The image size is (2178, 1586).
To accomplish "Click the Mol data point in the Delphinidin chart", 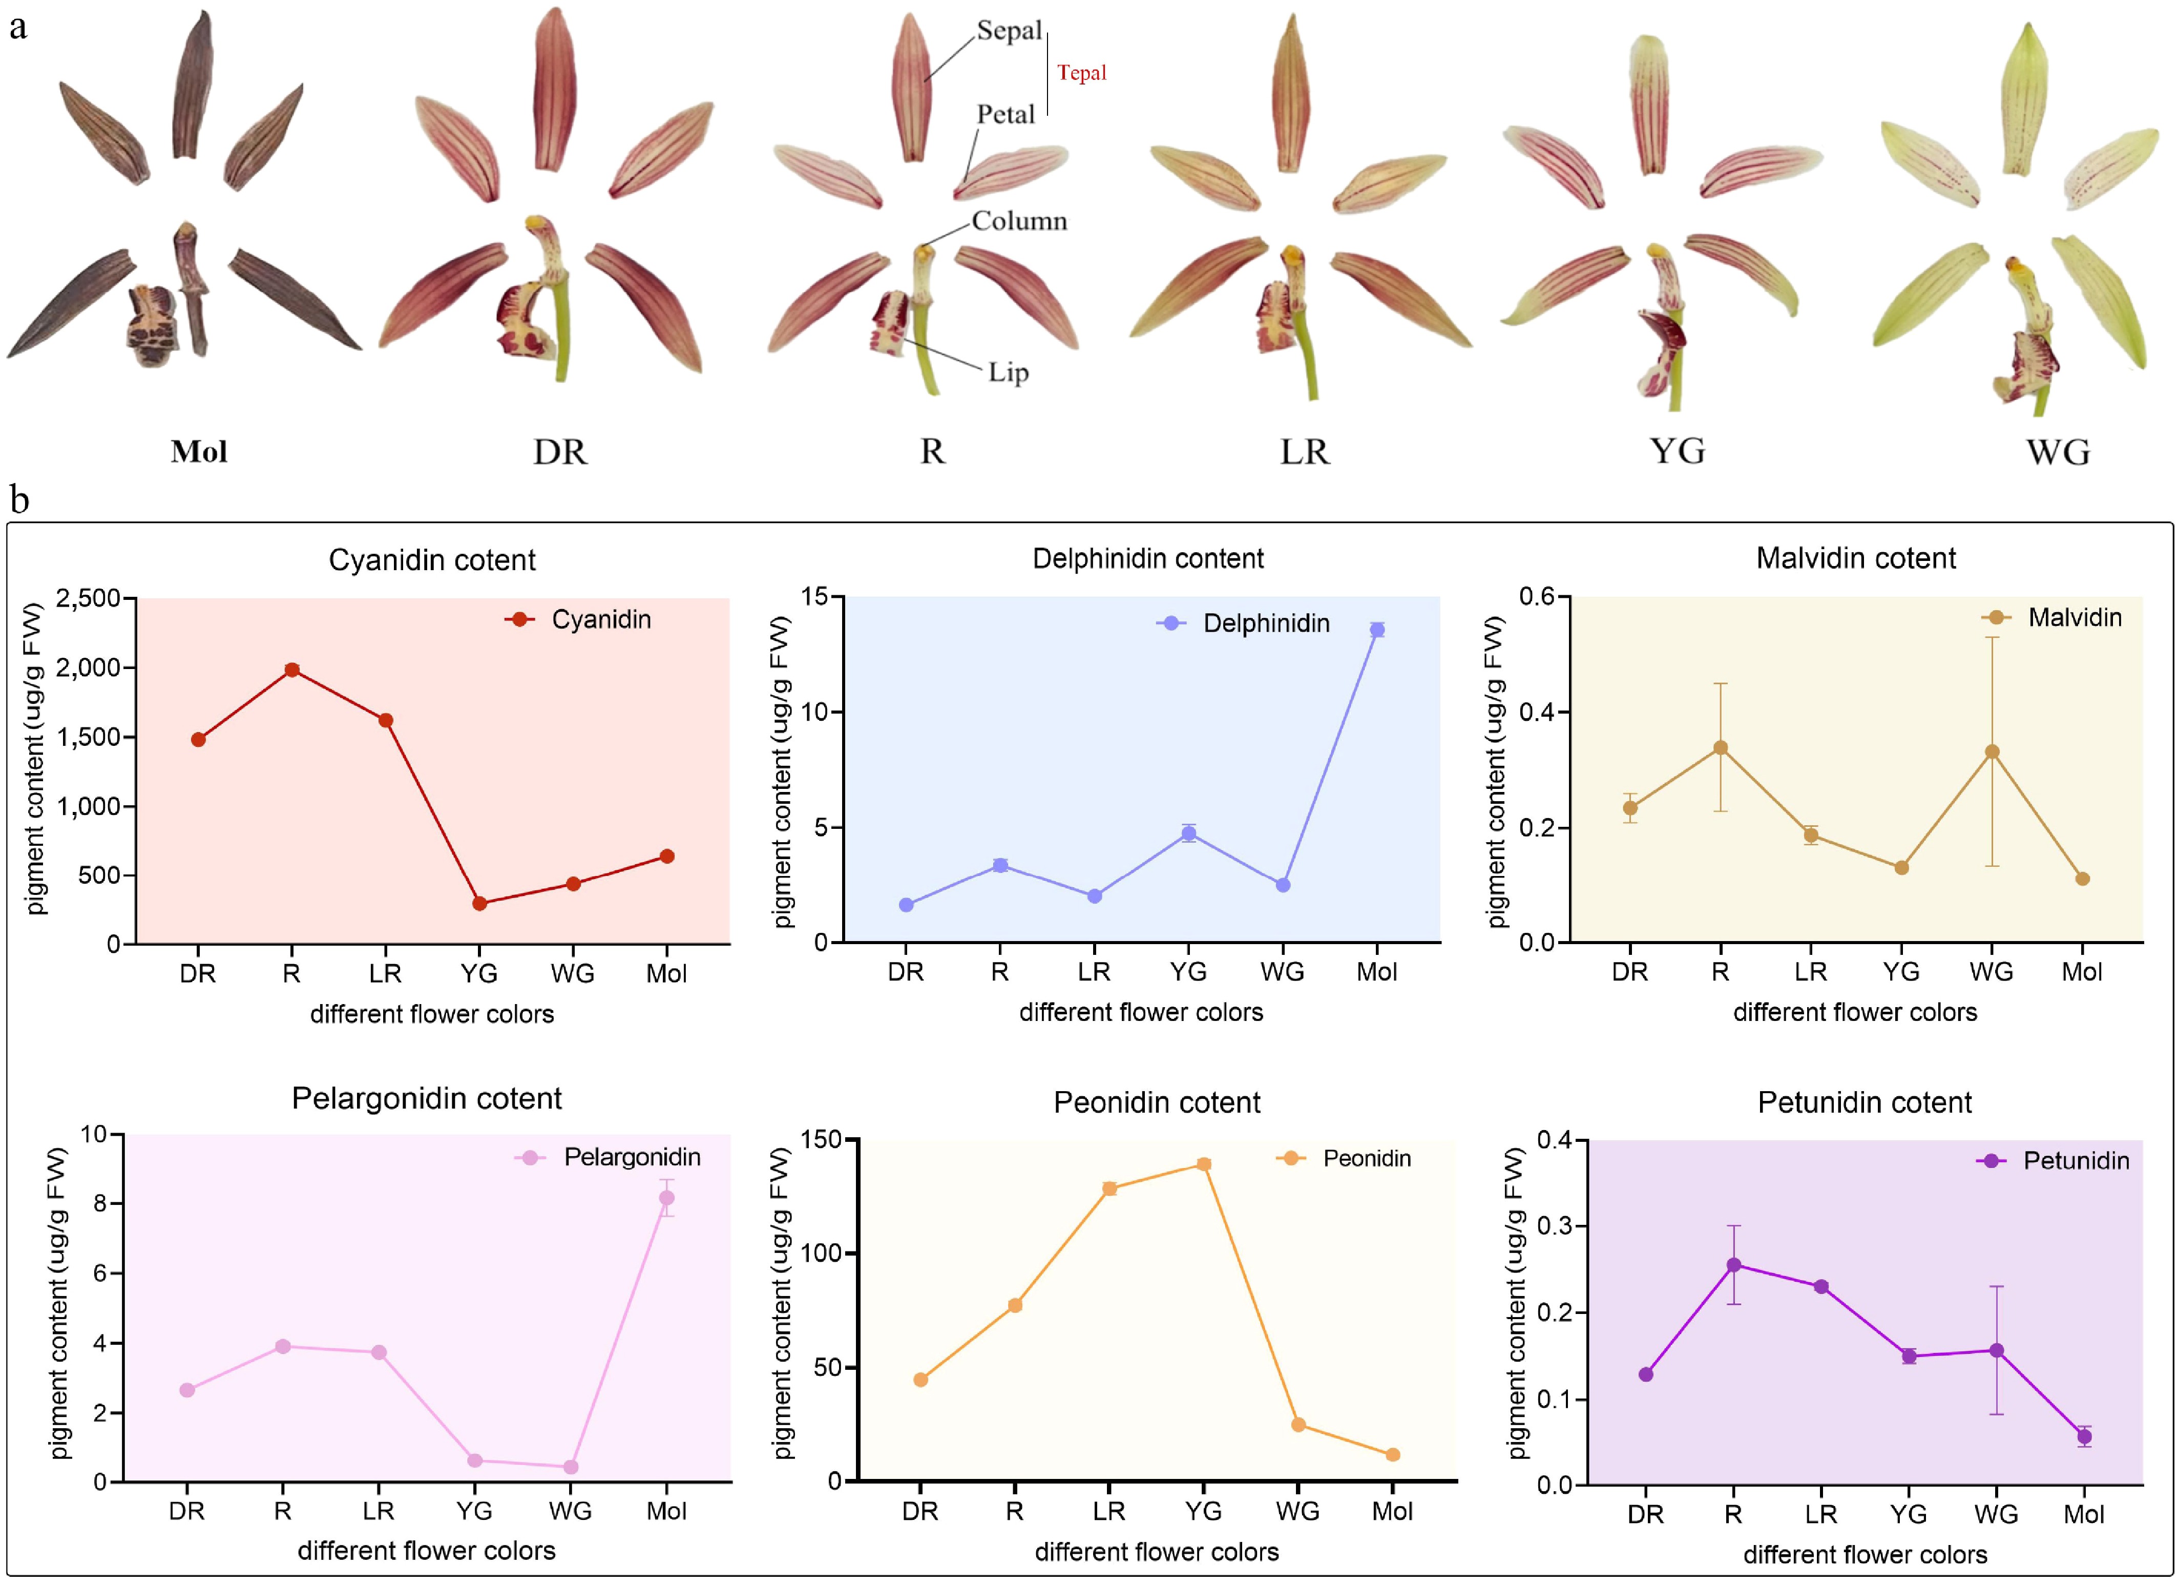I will (x=1376, y=629).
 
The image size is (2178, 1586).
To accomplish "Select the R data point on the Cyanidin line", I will (x=292, y=670).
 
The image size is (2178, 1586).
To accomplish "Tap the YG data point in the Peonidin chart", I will (x=1203, y=1164).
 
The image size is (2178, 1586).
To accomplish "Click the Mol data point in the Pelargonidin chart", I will (x=666, y=1198).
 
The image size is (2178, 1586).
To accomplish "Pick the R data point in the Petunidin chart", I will (x=1733, y=1265).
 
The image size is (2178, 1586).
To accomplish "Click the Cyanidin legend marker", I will (x=519, y=620).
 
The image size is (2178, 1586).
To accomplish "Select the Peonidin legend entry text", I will (x=1367, y=1159).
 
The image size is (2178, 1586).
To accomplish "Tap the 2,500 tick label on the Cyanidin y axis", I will (x=88, y=598).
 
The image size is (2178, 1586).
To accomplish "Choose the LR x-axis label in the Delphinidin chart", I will (x=1094, y=972).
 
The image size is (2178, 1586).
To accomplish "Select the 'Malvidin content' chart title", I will (x=1855, y=558).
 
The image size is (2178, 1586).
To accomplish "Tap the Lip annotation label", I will (x=1009, y=373).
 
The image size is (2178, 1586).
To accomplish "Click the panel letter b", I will (x=19, y=499).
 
